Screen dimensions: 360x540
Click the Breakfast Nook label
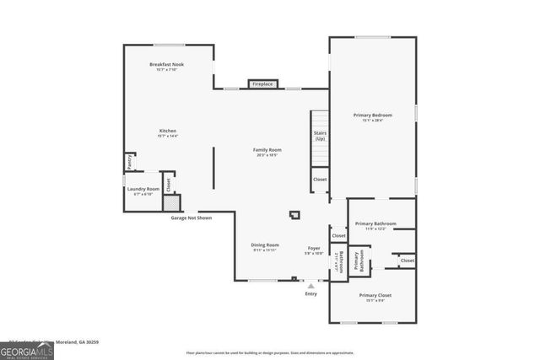[x=168, y=65]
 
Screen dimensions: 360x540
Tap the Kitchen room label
[x=168, y=132]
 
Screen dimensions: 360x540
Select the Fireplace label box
[x=262, y=83]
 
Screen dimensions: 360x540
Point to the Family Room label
[x=267, y=151]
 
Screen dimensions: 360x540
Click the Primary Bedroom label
[x=373, y=116]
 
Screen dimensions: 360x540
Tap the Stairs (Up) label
[x=320, y=134]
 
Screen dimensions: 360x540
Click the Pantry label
[x=129, y=160]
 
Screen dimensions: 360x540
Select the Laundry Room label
[x=143, y=190]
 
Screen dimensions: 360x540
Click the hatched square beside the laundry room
[x=171, y=202]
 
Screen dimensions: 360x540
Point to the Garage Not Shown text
[x=192, y=218]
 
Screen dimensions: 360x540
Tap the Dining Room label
[x=264, y=246]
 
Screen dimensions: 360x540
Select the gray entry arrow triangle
[x=311, y=287]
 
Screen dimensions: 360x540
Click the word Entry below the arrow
[x=311, y=294]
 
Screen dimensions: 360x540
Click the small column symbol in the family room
[x=294, y=215]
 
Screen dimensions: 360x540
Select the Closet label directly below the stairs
[x=320, y=180]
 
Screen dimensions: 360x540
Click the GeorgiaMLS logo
[x=27, y=349]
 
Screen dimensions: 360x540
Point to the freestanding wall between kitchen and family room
[x=213, y=168]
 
